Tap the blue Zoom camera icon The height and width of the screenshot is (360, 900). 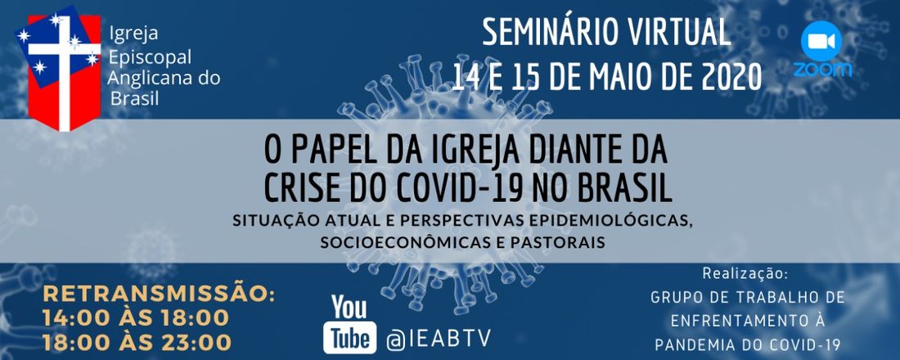pos(821,42)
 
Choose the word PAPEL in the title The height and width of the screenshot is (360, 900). pos(328,152)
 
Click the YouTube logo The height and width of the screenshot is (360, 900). pos(349,324)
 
